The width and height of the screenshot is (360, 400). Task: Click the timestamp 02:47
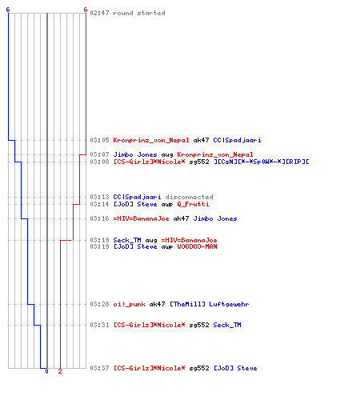click(x=99, y=13)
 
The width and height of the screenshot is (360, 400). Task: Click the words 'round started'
click(x=139, y=13)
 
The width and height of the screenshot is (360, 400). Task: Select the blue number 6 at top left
click(x=8, y=10)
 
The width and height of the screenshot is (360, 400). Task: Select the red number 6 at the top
click(x=86, y=10)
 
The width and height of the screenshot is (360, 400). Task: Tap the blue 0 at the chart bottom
click(x=46, y=371)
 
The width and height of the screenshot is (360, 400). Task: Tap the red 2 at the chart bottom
click(x=60, y=371)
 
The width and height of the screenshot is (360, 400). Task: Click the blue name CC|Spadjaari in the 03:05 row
click(x=237, y=140)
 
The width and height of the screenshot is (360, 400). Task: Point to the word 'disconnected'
click(x=189, y=197)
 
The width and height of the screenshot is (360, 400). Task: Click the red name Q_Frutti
click(x=193, y=204)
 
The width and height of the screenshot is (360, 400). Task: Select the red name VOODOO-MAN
click(x=197, y=246)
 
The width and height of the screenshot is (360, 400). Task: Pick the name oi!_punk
click(x=129, y=304)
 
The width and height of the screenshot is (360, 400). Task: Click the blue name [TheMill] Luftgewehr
click(x=210, y=304)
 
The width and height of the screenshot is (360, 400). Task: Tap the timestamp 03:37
click(x=99, y=368)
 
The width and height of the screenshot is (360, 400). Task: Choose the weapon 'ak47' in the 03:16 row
click(x=181, y=218)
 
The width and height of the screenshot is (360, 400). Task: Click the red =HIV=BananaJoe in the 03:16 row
click(x=141, y=218)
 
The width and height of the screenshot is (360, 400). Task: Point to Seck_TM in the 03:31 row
click(x=227, y=325)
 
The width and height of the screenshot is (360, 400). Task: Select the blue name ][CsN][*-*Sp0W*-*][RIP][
click(x=262, y=162)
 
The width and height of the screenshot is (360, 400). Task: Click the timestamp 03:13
click(x=99, y=197)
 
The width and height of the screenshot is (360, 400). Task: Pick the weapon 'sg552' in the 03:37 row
click(x=199, y=368)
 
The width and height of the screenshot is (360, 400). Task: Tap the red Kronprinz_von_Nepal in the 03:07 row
click(x=215, y=154)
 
